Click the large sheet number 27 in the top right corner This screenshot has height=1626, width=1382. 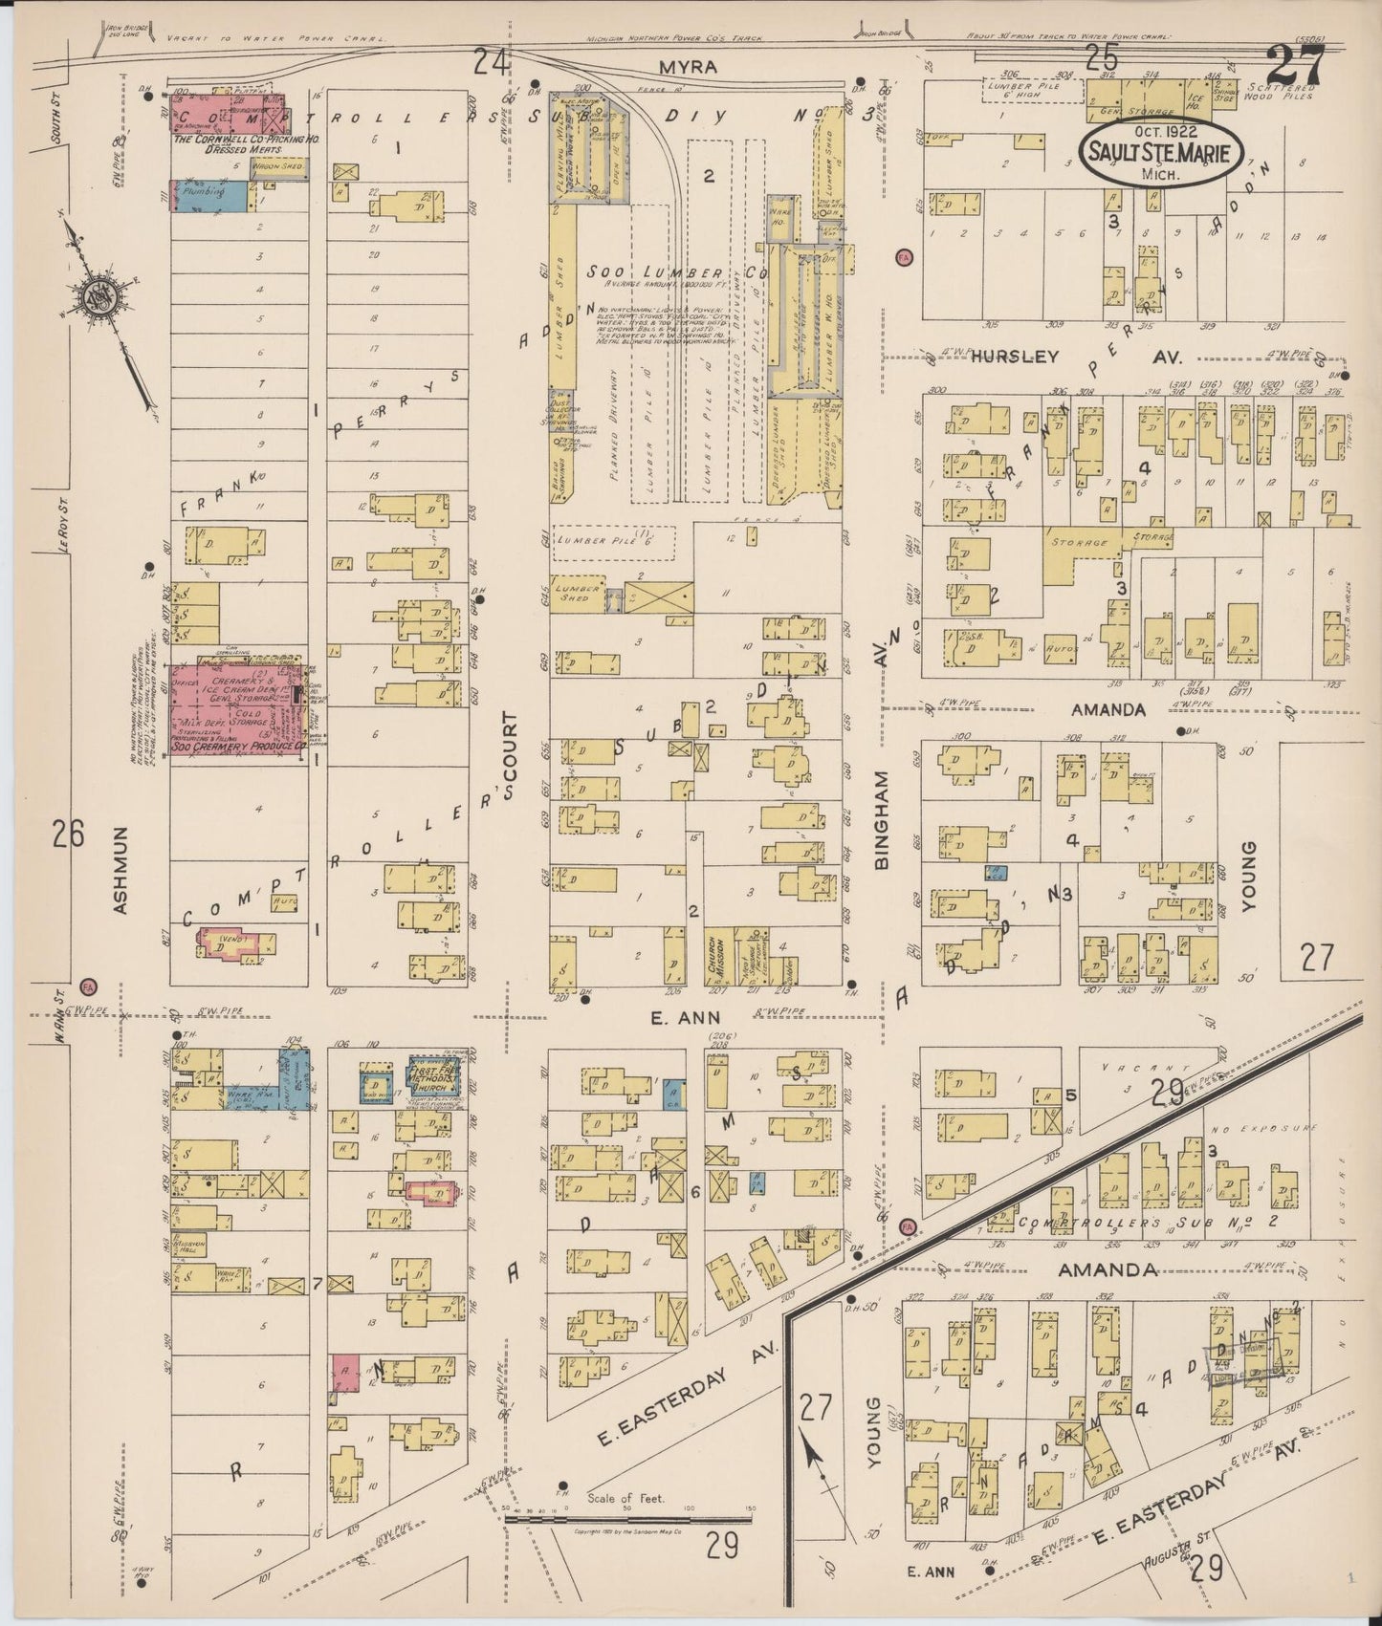[1295, 67]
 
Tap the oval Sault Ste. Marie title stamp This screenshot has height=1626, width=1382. [1161, 152]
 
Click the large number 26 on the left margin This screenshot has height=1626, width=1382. [70, 834]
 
